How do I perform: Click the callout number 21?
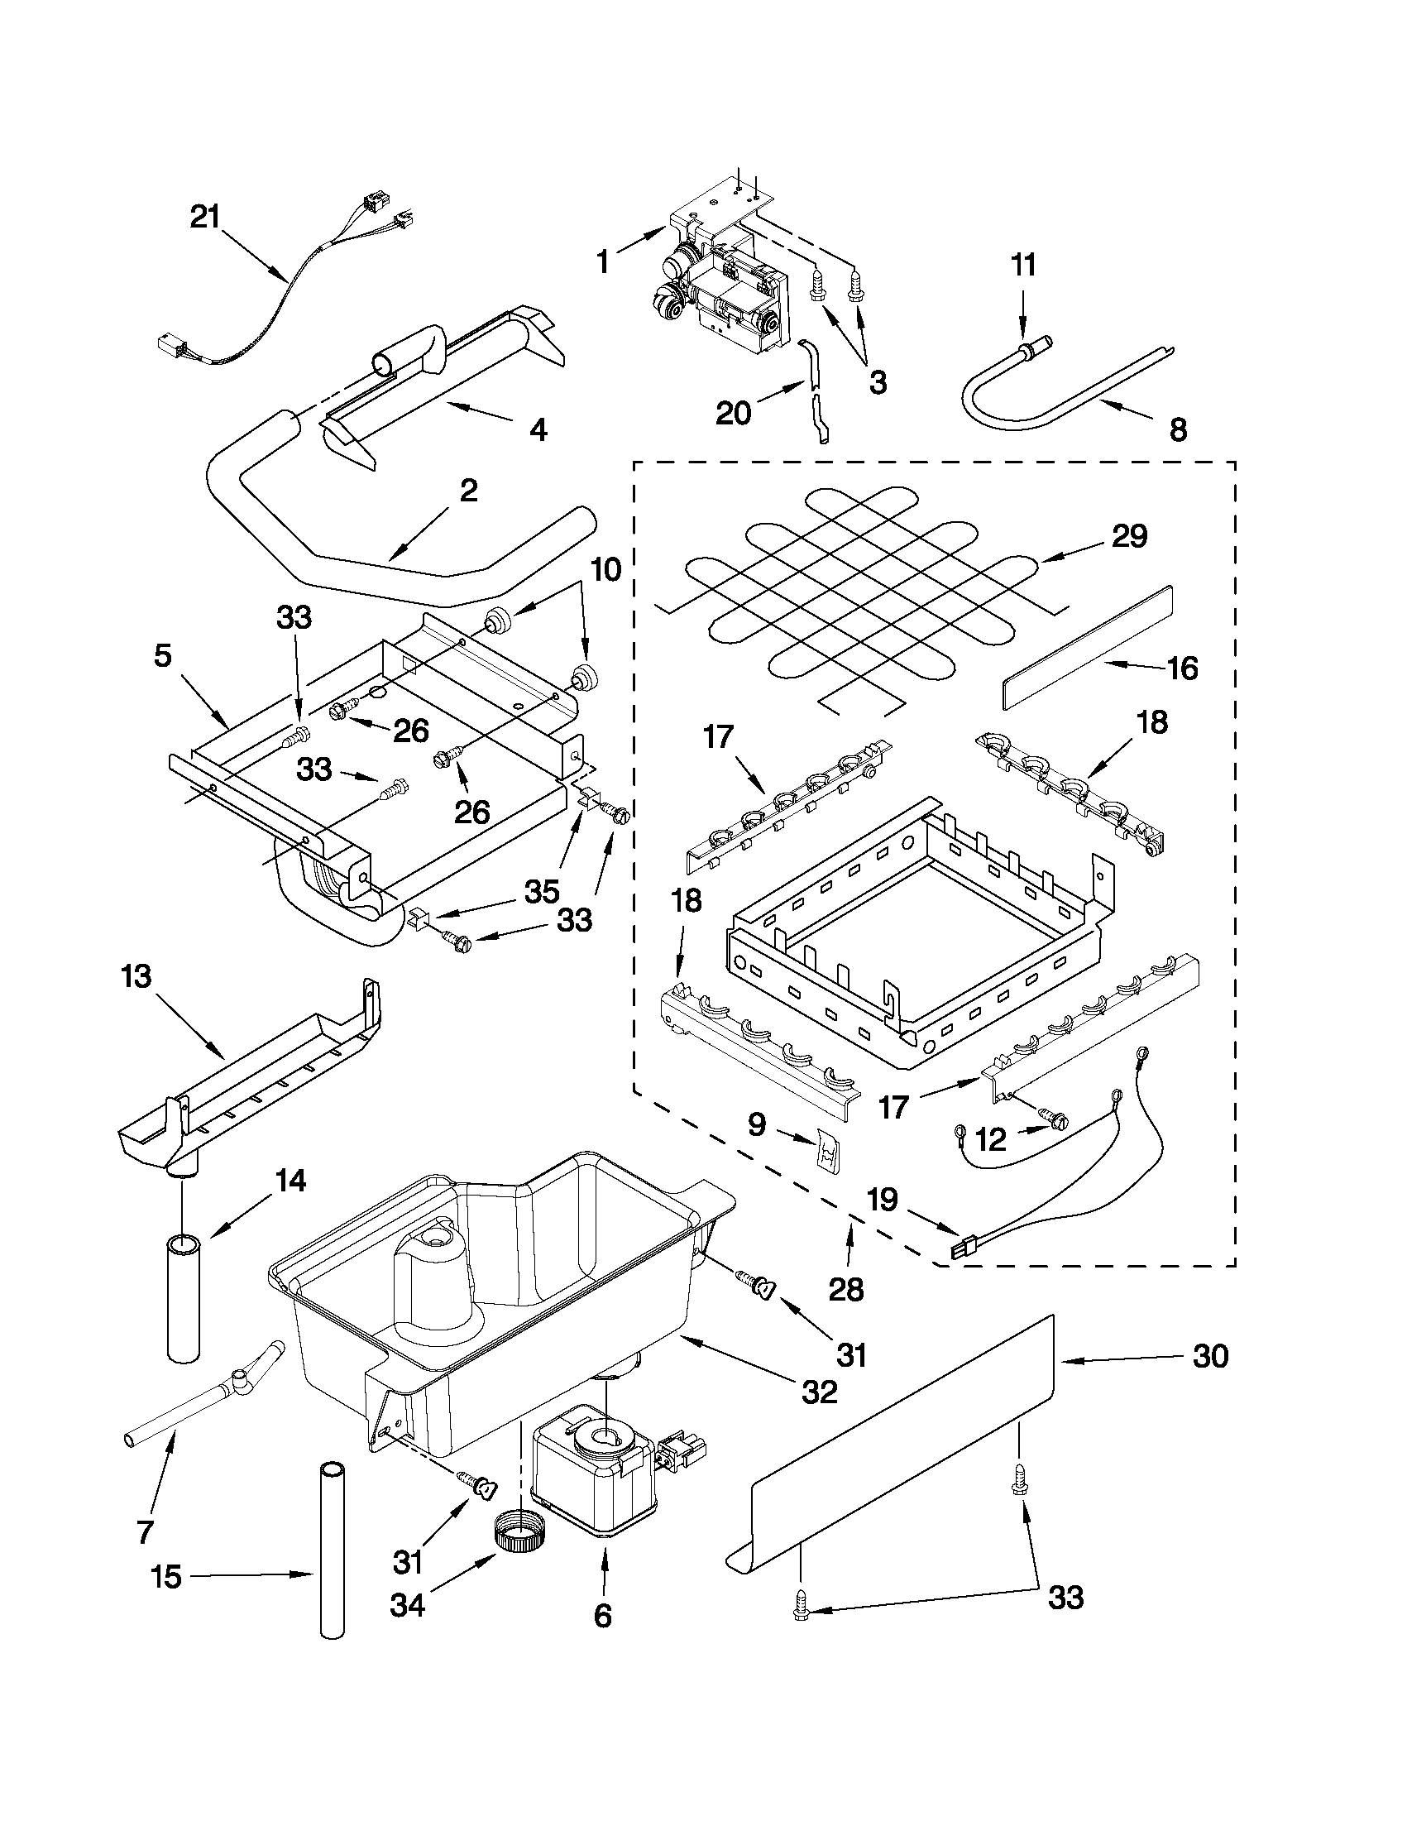click(x=204, y=217)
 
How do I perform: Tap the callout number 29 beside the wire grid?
click(x=1129, y=535)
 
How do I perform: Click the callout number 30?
click(x=1210, y=1356)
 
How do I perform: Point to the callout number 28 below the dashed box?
click(x=847, y=1289)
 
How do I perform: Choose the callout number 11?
click(x=1023, y=265)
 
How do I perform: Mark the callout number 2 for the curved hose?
click(x=468, y=491)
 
